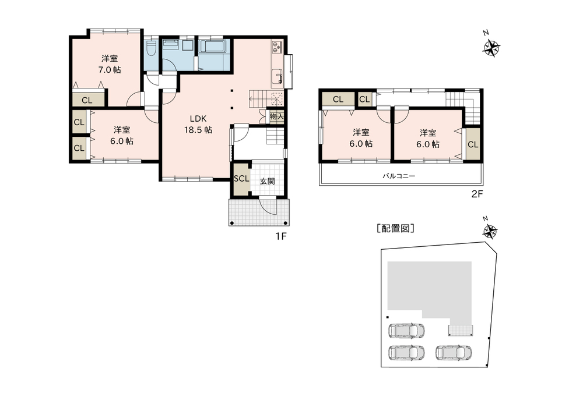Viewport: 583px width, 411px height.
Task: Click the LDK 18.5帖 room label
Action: [x=198, y=124]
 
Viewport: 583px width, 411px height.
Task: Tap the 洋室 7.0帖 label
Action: [x=110, y=64]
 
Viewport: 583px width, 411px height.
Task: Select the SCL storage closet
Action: [x=241, y=179]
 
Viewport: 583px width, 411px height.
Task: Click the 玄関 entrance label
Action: [x=267, y=181]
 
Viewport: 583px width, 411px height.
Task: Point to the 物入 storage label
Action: [x=276, y=116]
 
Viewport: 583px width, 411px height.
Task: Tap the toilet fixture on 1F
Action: [x=151, y=48]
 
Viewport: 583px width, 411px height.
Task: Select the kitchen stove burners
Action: [x=278, y=47]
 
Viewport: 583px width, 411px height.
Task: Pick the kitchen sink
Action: [x=278, y=77]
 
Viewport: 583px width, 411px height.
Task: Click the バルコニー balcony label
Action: [x=399, y=176]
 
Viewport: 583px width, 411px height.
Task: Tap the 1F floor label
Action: [x=281, y=236]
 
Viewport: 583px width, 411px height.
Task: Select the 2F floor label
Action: [x=477, y=194]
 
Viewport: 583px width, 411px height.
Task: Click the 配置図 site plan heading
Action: [x=395, y=228]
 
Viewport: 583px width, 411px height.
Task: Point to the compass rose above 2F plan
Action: [x=491, y=48]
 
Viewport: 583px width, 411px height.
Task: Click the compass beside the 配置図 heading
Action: [x=490, y=232]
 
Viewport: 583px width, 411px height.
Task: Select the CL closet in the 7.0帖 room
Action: [x=87, y=100]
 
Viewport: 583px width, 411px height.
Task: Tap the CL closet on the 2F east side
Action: [x=473, y=144]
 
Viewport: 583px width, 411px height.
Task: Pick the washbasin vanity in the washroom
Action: [x=171, y=45]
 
